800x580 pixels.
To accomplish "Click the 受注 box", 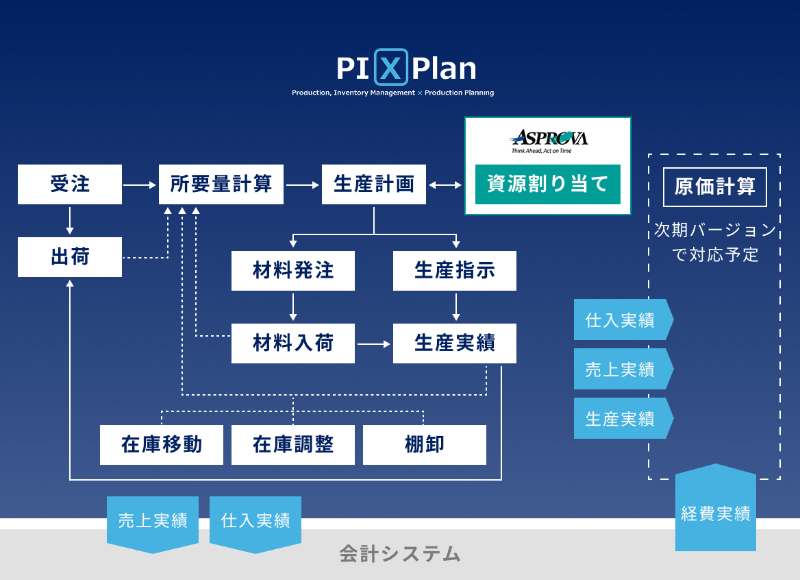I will coord(70,184).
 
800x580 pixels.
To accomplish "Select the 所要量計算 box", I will coord(221,184).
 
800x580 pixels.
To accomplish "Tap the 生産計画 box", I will coord(374,184).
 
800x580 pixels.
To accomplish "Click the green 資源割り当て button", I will coord(547,184).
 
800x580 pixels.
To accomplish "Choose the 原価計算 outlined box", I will coord(714,187).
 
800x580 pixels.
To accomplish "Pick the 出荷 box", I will coord(70,257).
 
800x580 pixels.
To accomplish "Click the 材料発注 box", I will coord(293,271).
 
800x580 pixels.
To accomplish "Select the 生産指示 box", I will coord(455,271).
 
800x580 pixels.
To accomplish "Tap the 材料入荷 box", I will coord(293,343).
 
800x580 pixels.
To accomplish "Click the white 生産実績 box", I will coord(455,343).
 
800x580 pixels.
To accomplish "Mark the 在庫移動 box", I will coord(162,445).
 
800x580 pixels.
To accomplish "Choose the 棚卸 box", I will coord(425,445).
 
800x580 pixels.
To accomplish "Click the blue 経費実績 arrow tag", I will coord(716,512).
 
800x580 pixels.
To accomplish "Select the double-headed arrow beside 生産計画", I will coord(445,184).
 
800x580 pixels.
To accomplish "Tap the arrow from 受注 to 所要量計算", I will coord(140,184).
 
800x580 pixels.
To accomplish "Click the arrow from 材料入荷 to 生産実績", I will coord(374,343).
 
